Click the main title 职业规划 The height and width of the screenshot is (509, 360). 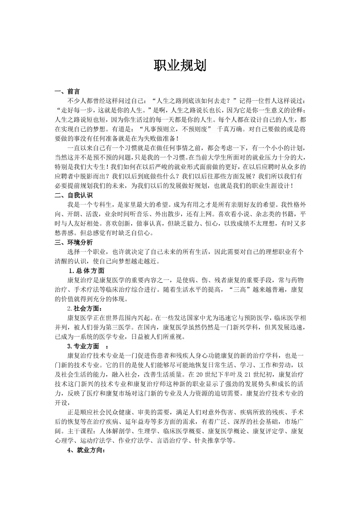coord(180,66)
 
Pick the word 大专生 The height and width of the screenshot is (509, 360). coord(95,166)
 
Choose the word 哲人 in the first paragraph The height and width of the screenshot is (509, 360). coord(255,100)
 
